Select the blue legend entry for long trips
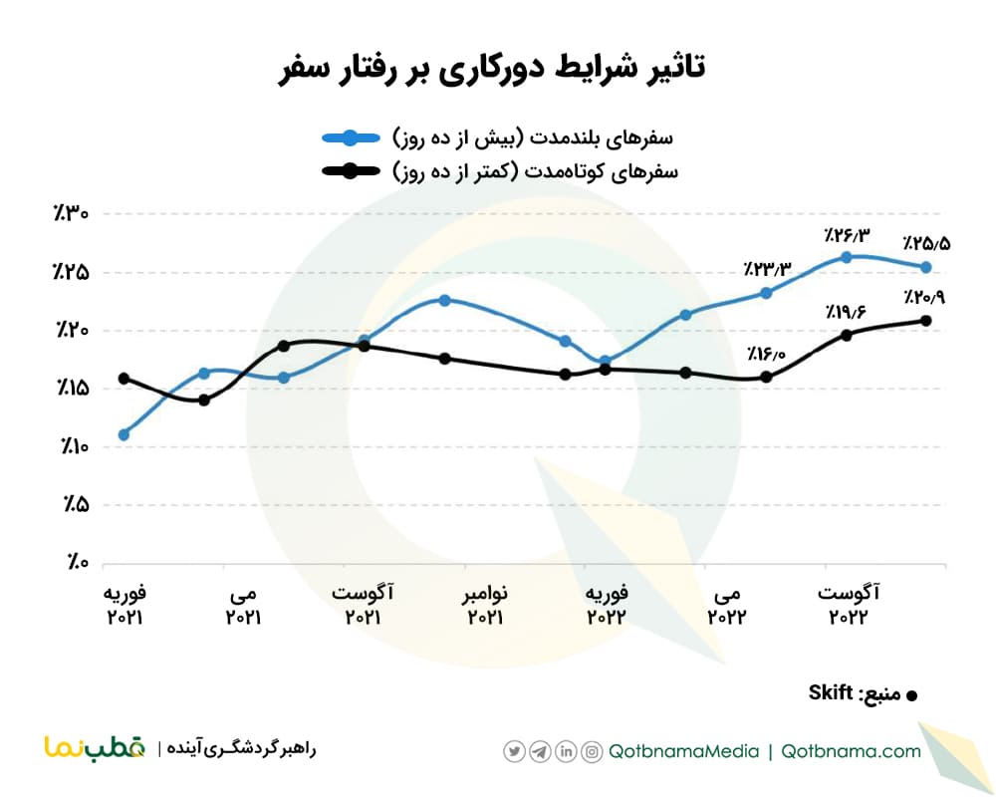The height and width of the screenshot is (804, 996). click(497, 136)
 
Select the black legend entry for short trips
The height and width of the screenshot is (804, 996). click(497, 171)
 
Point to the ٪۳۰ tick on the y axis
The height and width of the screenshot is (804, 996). click(72, 214)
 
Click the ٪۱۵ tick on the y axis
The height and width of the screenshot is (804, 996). click(72, 389)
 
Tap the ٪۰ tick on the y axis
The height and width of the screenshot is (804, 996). click(76, 563)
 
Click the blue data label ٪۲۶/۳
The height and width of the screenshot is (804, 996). click(846, 236)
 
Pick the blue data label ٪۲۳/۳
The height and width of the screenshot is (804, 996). click(765, 269)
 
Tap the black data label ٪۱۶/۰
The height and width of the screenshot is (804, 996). click(765, 355)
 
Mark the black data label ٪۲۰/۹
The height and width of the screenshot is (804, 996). click(925, 297)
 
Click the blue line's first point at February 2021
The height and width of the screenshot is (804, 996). click(124, 434)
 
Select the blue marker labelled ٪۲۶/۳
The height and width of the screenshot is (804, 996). click(846, 257)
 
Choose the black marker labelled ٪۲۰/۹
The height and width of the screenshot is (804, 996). click(925, 320)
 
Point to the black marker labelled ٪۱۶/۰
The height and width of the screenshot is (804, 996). click(766, 377)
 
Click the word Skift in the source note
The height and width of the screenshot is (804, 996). click(829, 691)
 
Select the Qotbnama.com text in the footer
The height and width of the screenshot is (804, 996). click(852, 751)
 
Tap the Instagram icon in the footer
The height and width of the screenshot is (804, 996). click(592, 751)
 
